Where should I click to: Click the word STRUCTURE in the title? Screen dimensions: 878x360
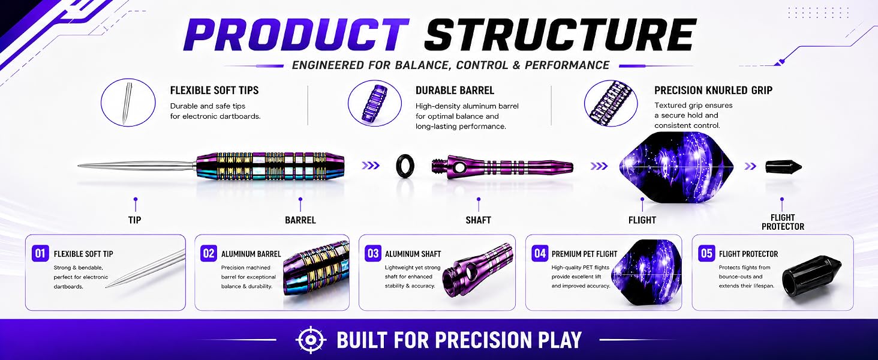click(x=560, y=35)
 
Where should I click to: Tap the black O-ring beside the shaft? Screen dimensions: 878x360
click(x=405, y=165)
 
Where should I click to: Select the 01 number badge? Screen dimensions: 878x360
click(x=40, y=253)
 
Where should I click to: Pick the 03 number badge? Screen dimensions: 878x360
click(x=373, y=253)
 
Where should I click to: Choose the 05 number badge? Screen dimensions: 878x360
click(x=706, y=253)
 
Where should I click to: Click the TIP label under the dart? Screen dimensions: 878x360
click(x=134, y=220)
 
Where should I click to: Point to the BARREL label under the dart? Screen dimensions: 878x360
click(x=300, y=220)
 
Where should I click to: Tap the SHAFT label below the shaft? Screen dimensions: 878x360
click(x=478, y=220)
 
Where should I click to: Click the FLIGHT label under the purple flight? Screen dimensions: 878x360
click(x=642, y=220)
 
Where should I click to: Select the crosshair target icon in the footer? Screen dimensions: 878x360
click(x=311, y=340)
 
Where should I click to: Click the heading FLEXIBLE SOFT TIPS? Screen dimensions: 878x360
click(x=215, y=91)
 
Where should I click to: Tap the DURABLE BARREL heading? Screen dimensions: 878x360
click(x=455, y=91)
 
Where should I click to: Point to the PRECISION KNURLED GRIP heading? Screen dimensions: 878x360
click(x=714, y=91)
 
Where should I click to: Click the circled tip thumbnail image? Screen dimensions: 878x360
click(x=128, y=103)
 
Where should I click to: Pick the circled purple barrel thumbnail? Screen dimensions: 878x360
click(x=375, y=103)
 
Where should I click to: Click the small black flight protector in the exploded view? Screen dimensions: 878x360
click(x=783, y=166)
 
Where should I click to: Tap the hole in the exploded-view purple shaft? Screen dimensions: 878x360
click(x=459, y=167)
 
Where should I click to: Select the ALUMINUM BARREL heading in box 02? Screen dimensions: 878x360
click(x=251, y=254)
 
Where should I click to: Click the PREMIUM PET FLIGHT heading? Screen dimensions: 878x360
click(x=584, y=254)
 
